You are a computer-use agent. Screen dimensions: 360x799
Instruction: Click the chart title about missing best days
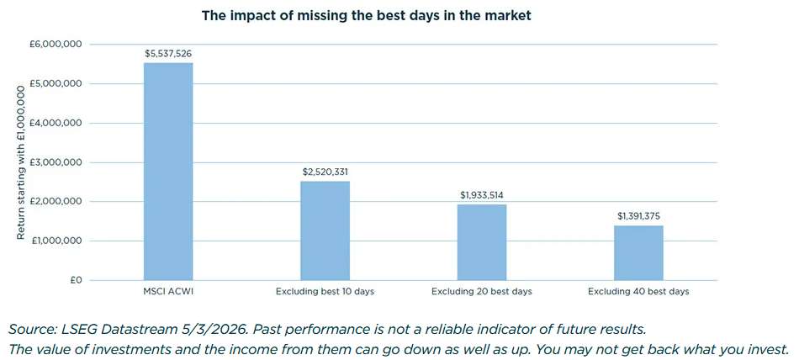point(366,16)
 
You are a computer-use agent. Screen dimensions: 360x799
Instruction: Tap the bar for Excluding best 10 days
point(325,230)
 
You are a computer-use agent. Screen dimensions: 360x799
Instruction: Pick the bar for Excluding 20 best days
point(482,242)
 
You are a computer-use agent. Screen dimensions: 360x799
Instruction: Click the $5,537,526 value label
point(168,53)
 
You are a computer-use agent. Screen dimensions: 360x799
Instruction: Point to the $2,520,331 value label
point(325,172)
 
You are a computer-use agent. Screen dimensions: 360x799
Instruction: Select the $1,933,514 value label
point(482,195)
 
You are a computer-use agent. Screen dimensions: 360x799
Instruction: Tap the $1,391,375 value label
point(638,216)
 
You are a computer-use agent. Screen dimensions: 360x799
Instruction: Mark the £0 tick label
point(74,280)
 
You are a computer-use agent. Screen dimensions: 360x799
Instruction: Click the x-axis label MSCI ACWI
point(168,292)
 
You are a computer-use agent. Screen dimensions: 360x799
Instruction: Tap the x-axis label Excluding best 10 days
point(325,292)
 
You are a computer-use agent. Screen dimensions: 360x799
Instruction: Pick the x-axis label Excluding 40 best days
point(638,292)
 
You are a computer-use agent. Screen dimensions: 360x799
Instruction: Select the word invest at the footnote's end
point(768,348)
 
